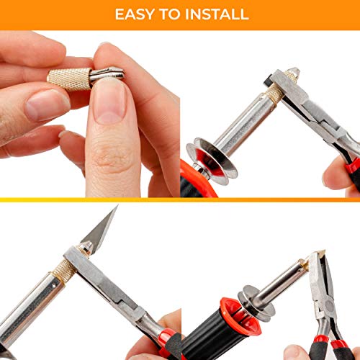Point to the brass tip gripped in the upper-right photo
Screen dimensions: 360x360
[x=291, y=75]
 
